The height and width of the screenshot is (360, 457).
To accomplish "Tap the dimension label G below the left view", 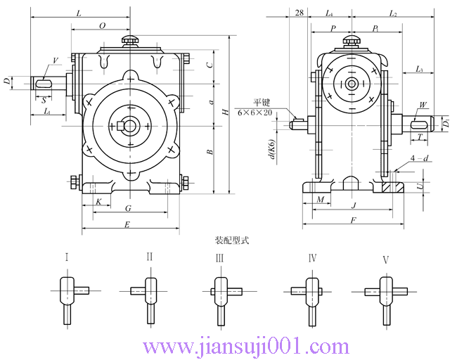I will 128,209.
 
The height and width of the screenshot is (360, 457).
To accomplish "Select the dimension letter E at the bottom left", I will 127,225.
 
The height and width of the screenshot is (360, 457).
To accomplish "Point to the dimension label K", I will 98,202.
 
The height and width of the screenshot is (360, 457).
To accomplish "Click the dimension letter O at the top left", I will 102,25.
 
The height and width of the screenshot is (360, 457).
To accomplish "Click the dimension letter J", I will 354,205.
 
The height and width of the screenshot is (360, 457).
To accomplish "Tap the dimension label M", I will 321,201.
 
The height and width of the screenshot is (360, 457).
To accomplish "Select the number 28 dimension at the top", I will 300,13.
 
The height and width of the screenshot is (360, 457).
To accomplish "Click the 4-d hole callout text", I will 419,159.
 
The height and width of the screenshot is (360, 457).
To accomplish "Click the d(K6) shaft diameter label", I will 271,151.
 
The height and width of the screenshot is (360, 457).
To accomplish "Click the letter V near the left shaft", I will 55,61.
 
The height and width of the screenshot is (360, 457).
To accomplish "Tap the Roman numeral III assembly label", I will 219,259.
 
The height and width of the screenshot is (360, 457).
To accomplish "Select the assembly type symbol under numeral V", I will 385,295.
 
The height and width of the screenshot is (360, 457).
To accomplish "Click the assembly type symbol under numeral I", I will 67,295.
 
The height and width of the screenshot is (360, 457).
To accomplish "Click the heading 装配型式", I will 231,240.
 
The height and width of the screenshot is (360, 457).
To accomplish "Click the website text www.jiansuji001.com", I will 245,346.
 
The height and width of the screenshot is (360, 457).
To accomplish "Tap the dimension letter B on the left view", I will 210,152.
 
